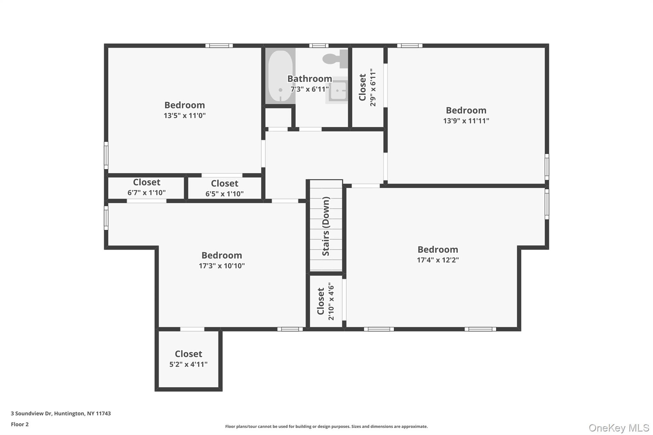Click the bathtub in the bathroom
point(280,76)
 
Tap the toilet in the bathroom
point(335,59)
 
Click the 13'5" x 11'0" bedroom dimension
point(185,116)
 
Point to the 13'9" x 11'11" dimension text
point(466,121)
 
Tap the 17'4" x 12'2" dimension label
point(438,260)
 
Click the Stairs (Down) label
point(326,226)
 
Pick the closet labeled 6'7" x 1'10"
point(146,187)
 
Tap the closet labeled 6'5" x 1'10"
point(224,189)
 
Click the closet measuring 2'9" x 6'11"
point(367,87)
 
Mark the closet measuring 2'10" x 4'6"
point(326,301)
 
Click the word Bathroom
point(310,79)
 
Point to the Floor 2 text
point(20,424)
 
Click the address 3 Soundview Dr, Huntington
point(61,413)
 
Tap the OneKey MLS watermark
point(619,428)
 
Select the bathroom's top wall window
point(319,46)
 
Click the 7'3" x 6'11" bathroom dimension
point(310,89)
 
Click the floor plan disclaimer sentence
point(326,426)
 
